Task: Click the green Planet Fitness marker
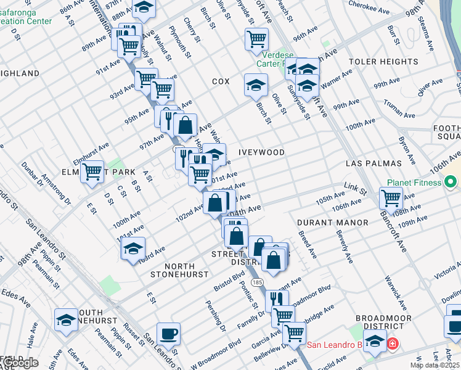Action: pyautogui.click(x=451, y=183)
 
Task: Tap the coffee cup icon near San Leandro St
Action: pyautogui.click(x=168, y=335)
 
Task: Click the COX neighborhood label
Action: pyautogui.click(x=221, y=81)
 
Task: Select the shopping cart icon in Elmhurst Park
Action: pyautogui.click(x=92, y=170)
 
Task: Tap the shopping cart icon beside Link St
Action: pyautogui.click(x=391, y=198)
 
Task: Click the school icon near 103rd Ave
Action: pyautogui.click(x=133, y=249)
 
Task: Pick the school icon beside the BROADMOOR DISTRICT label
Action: pyautogui.click(x=375, y=340)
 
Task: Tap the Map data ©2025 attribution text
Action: pyautogui.click(x=435, y=365)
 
